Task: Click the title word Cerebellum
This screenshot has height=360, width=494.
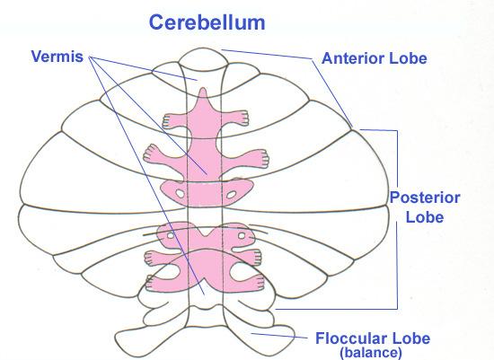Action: pos(207,22)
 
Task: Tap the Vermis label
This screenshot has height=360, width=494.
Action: pos(57,57)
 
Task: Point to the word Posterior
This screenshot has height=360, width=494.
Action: pos(425,198)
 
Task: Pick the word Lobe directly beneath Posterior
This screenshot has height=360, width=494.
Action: pos(425,217)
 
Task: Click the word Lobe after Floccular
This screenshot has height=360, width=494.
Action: pos(410,338)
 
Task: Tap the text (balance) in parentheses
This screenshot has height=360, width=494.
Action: pos(371,353)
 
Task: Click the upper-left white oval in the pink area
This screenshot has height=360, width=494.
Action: pos(180,193)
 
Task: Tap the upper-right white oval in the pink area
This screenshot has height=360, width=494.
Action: pos(231,195)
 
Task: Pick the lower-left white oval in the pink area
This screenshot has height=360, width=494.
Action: pos(171,235)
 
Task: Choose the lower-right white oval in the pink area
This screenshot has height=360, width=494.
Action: pos(242,235)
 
